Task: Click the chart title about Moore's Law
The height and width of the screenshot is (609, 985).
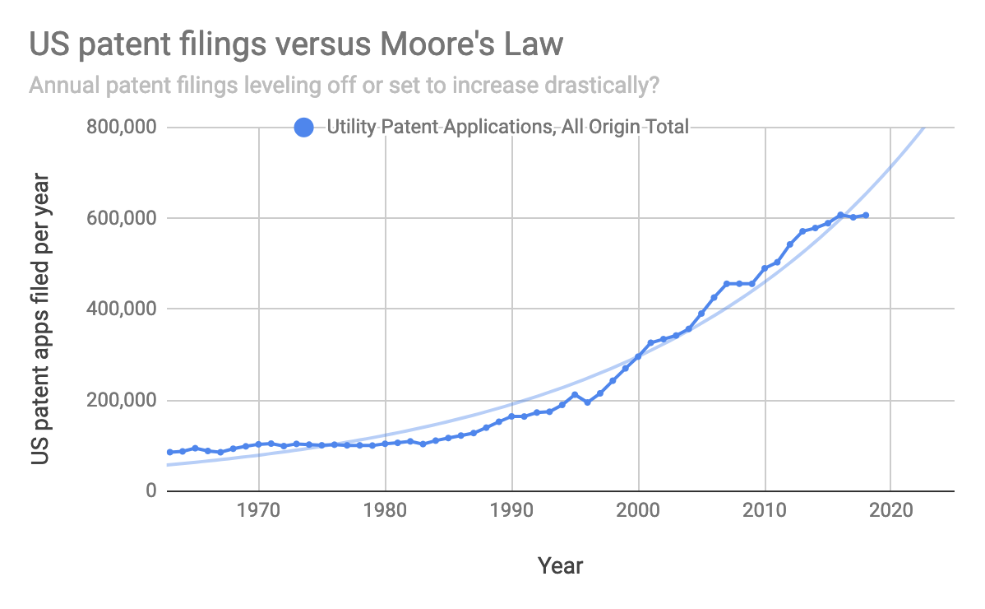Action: [296, 44]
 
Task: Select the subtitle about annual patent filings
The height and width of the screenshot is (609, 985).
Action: [346, 85]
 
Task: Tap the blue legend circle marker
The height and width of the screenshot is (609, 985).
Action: [304, 128]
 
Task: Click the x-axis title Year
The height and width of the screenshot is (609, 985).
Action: [560, 566]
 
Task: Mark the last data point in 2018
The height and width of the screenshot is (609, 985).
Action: [866, 216]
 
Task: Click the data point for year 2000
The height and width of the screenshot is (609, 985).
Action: [639, 356]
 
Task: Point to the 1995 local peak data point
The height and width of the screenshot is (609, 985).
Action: [576, 395]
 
